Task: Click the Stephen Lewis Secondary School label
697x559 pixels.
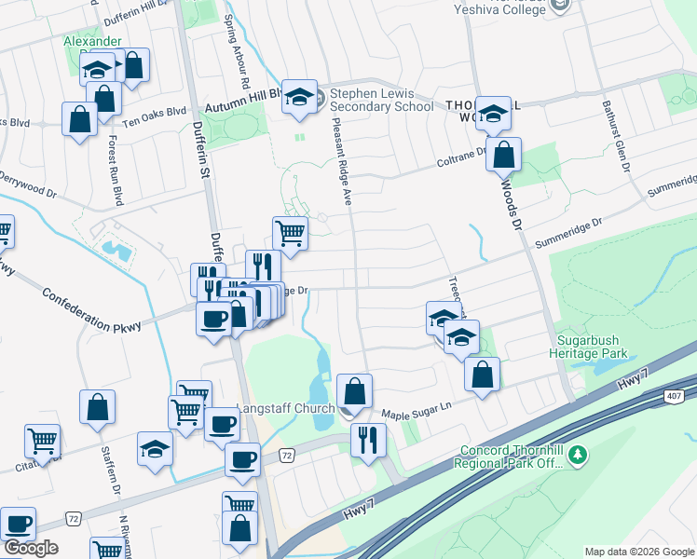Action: tap(382, 99)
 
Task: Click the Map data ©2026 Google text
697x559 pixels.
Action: tap(638, 552)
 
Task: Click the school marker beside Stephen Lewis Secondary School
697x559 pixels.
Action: tap(299, 97)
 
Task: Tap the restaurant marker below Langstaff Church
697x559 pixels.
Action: tap(368, 438)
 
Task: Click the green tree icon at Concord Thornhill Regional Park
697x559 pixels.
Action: tap(579, 454)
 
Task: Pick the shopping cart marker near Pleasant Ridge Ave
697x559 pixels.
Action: tap(290, 232)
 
